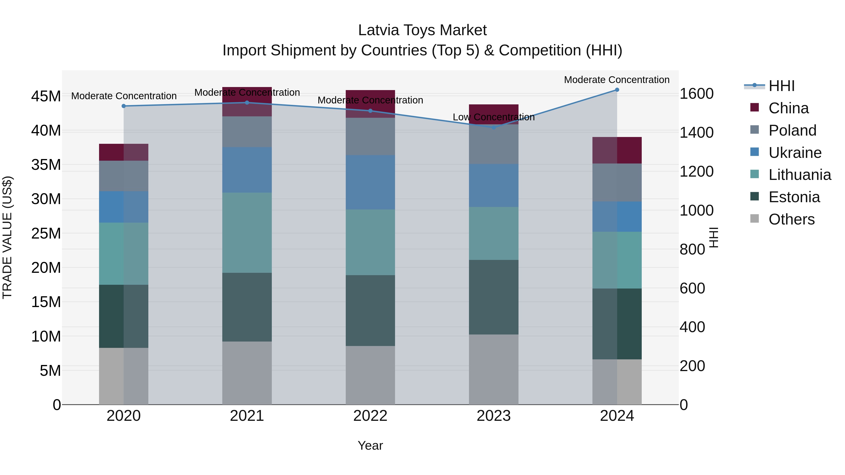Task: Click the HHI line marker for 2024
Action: pos(617,90)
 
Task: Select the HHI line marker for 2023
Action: pos(493,128)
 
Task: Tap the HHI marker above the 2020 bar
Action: pos(124,106)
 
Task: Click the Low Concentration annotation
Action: pos(493,117)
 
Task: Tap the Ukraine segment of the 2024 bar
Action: pos(617,217)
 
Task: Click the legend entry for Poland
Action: pos(792,130)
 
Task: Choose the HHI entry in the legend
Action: pos(781,86)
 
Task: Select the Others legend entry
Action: pos(791,219)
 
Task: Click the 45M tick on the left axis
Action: pos(46,96)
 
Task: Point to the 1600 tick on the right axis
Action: pos(696,94)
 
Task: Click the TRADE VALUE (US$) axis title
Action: pos(7,237)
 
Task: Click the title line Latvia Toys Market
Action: pos(422,30)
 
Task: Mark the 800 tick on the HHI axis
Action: pos(692,250)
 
